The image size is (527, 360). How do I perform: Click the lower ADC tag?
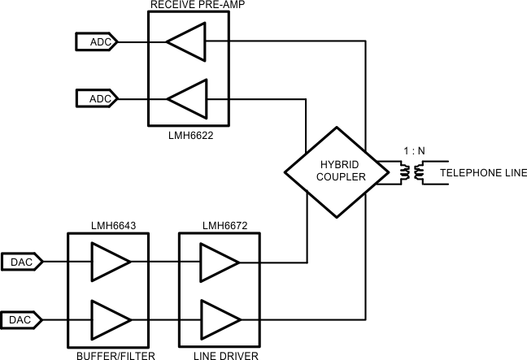click(98, 98)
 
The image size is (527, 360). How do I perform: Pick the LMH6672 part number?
click(219, 223)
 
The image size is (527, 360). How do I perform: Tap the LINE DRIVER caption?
click(219, 354)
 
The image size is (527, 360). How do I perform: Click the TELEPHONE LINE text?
click(483, 173)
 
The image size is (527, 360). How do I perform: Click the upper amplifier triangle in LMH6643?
click(110, 262)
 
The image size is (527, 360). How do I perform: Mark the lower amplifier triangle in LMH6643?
click(110, 319)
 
